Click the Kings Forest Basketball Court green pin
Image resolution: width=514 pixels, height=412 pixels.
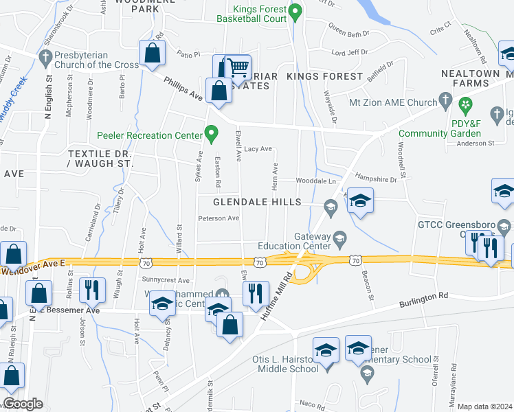tap(295, 11)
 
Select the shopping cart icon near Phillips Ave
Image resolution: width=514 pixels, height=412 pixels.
tap(238, 68)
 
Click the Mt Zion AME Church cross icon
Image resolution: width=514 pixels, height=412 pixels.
tap(445, 102)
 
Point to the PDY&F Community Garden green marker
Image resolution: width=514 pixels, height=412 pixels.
tap(466, 105)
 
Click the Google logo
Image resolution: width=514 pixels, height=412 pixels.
tap(23, 403)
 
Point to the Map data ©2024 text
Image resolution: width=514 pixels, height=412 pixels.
tap(484, 407)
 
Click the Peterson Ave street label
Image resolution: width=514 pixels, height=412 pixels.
tap(219, 219)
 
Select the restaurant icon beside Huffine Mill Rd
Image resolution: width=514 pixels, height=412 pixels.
tap(256, 293)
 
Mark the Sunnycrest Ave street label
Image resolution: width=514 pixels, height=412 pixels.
tap(166, 280)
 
